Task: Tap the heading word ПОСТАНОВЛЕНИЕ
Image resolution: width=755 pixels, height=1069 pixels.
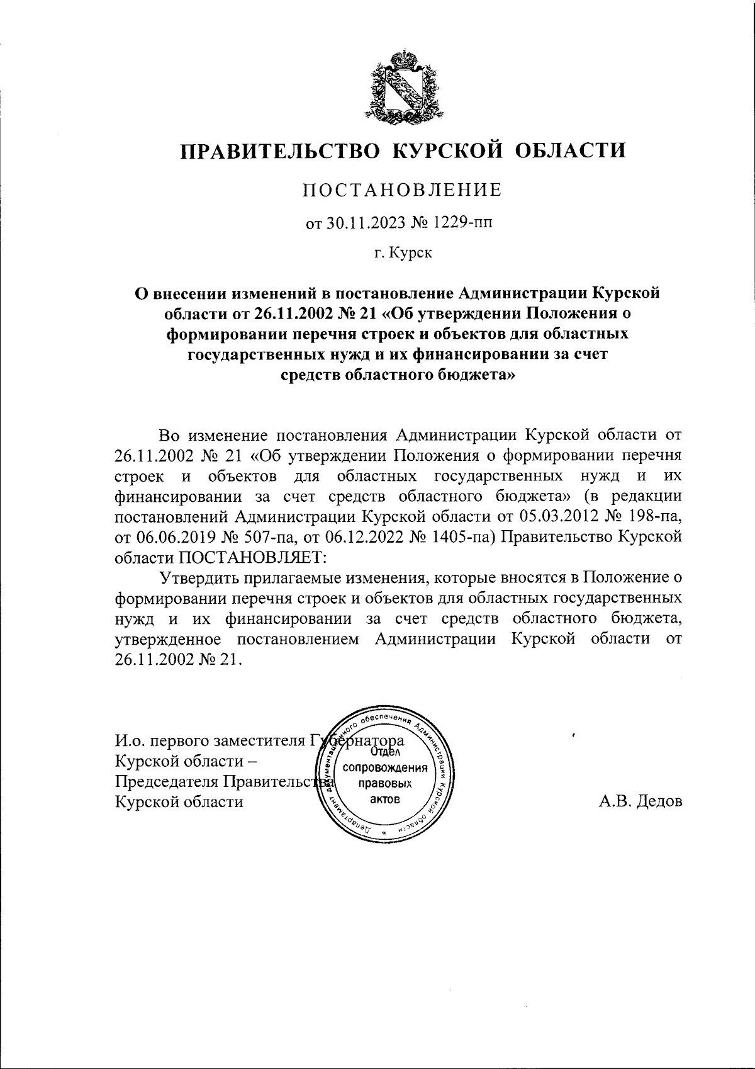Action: tap(403, 190)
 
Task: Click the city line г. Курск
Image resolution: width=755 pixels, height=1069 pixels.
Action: tap(403, 254)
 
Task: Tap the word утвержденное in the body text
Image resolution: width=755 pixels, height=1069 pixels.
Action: tap(167, 640)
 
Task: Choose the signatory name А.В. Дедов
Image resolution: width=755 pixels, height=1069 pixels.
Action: tap(640, 801)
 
